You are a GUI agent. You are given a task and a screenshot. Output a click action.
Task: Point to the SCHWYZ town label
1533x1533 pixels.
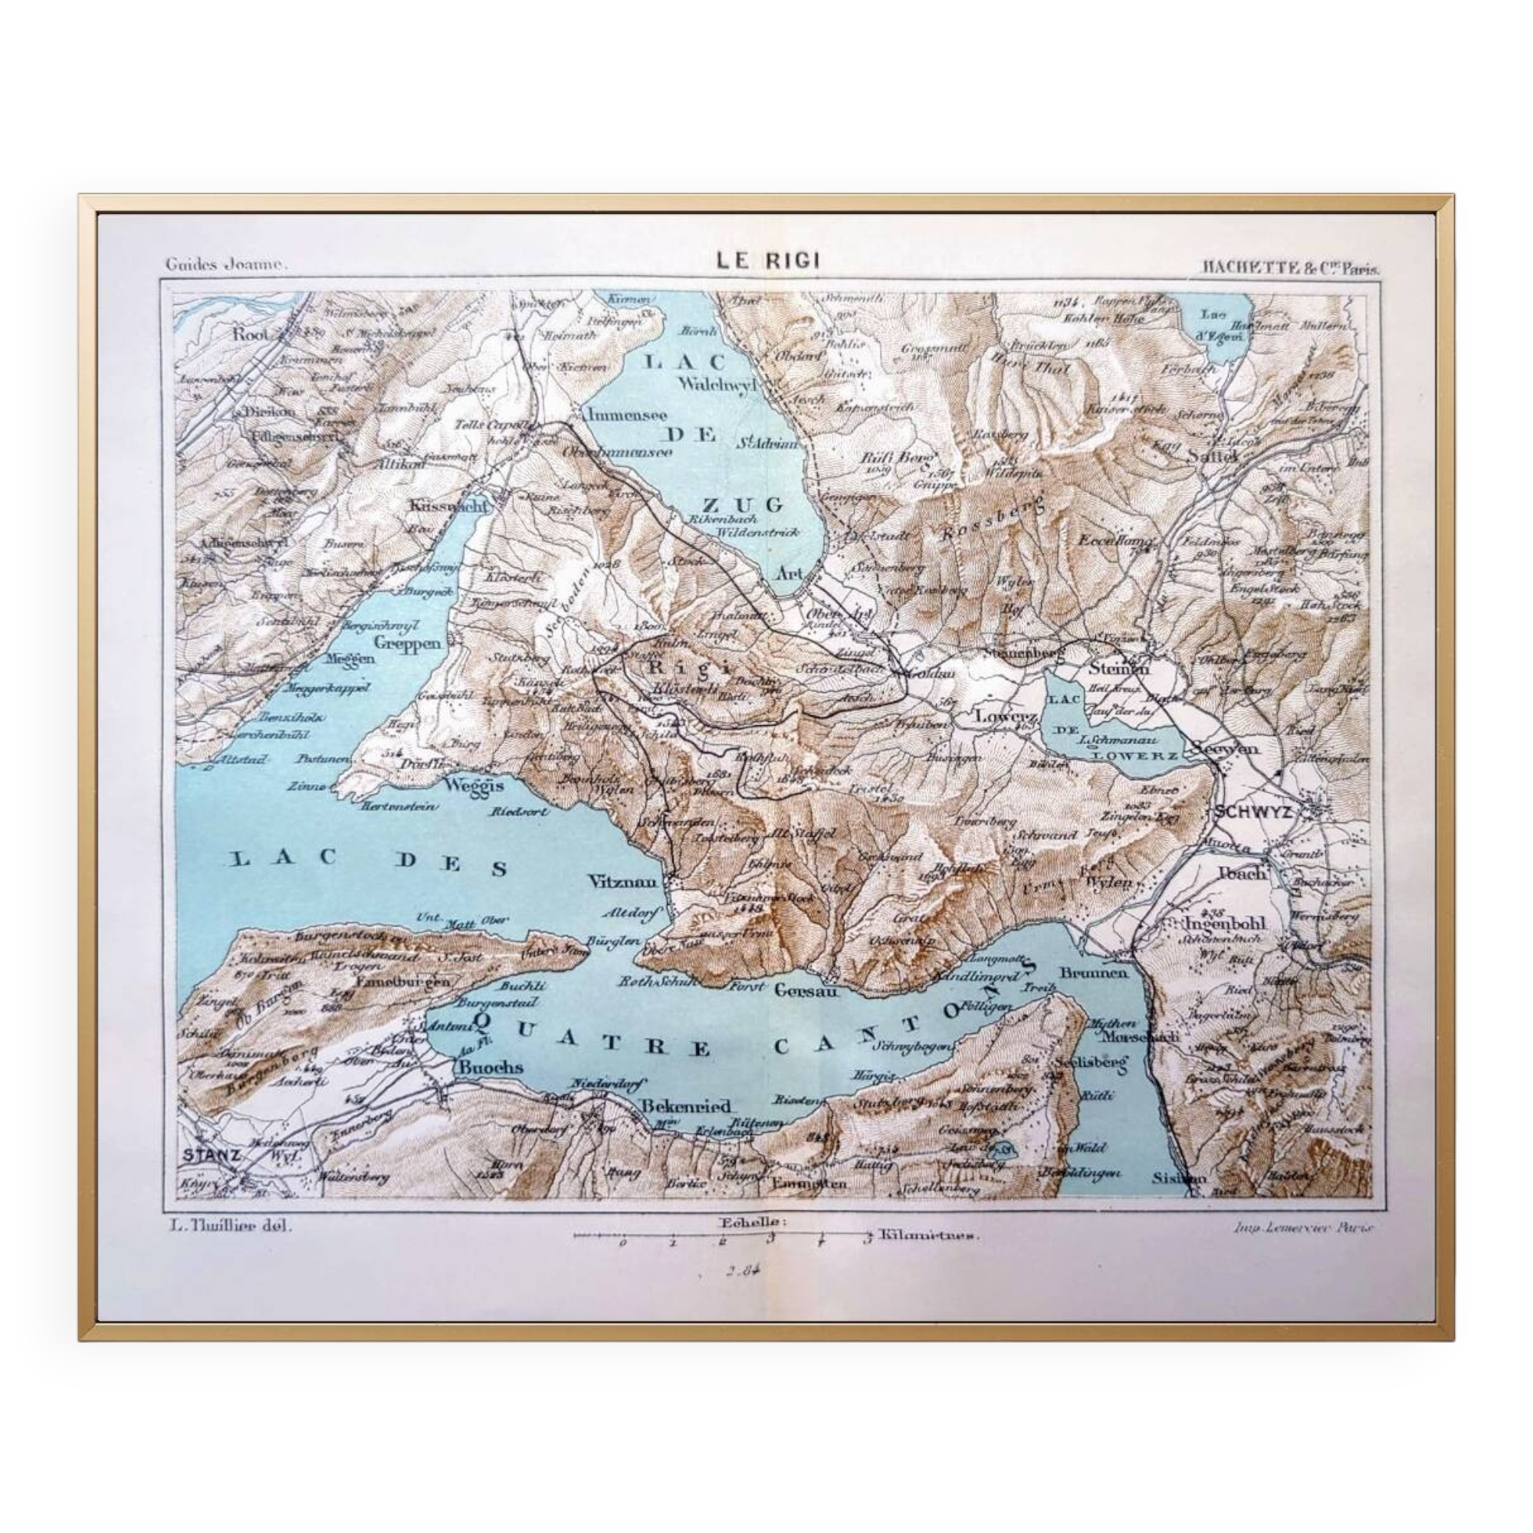(1252, 812)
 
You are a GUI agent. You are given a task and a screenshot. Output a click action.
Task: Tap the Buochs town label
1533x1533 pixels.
(488, 1067)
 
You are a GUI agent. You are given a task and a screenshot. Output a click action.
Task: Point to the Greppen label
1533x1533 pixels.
(407, 644)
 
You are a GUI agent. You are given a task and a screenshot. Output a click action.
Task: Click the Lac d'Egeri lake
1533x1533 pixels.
(1213, 324)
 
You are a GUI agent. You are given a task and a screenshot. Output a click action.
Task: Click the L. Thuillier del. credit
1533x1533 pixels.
(231, 1225)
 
